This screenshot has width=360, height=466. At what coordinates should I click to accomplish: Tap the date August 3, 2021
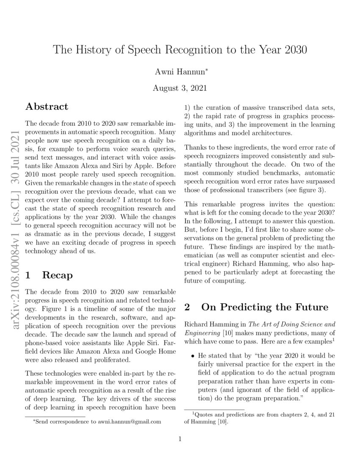[x=180, y=88]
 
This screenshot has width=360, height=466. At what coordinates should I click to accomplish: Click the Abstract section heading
[x=47, y=106]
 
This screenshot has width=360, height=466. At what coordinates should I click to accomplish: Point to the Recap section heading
[x=58, y=275]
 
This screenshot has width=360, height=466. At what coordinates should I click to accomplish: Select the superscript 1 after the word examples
[x=334, y=340]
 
